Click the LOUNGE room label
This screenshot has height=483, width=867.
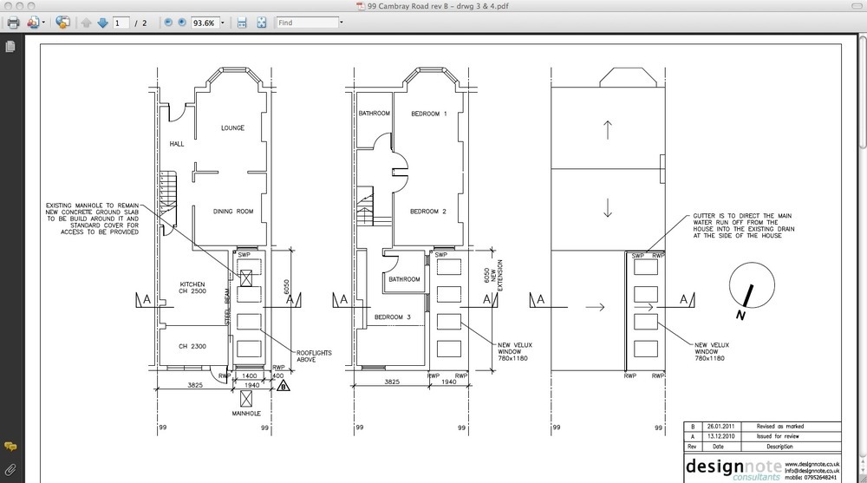coord(231,128)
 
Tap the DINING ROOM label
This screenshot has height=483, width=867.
coord(233,211)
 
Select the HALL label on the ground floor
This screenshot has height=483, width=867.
coord(177,144)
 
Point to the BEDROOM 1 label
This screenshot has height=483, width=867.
coord(428,114)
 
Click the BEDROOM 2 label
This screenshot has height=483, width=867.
coord(428,212)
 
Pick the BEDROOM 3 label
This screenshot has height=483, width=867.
coord(392,317)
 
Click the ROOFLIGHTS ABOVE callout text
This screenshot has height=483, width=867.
coord(314,356)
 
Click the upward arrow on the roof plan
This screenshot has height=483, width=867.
coord(608,131)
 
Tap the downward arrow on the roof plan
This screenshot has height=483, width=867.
coord(608,208)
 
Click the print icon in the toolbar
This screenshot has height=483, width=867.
coord(13,23)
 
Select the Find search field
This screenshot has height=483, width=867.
coord(313,23)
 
